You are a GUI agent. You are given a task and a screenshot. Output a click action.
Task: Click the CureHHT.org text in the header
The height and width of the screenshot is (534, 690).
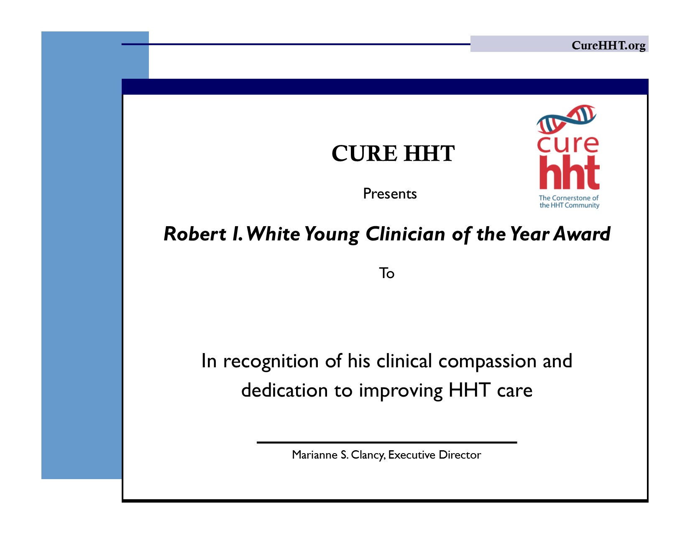point(608,46)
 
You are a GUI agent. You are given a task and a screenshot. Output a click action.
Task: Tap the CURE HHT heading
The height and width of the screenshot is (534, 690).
point(393,153)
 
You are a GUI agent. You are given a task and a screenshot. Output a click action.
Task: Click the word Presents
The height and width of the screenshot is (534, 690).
point(390,193)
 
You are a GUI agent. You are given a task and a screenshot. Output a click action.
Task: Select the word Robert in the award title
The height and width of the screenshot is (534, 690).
point(194,234)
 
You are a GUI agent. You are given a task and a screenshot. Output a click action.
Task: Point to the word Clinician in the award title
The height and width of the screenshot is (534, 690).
point(405,234)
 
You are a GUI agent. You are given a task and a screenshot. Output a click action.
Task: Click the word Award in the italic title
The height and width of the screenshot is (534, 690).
point(582,234)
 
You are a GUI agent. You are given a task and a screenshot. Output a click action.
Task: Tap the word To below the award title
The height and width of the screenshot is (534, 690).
point(386,273)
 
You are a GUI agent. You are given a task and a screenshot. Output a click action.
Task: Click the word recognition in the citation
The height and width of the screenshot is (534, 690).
point(271,361)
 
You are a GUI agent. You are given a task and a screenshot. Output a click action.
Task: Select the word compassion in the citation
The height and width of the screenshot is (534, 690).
point(488,361)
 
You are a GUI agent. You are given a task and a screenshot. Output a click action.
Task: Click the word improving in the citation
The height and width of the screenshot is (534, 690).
point(401,391)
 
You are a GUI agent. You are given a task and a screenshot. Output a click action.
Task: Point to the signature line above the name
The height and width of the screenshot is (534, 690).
point(386,442)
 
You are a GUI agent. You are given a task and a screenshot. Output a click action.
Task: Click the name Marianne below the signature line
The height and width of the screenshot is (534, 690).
point(314,455)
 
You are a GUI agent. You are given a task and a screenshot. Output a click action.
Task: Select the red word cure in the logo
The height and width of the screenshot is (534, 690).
point(567,144)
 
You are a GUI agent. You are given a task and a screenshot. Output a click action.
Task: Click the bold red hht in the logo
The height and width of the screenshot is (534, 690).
point(569,173)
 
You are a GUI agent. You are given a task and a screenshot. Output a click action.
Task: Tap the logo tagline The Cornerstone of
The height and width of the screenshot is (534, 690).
point(568,198)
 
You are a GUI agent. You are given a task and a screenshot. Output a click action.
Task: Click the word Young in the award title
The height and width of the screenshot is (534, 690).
point(332,235)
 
